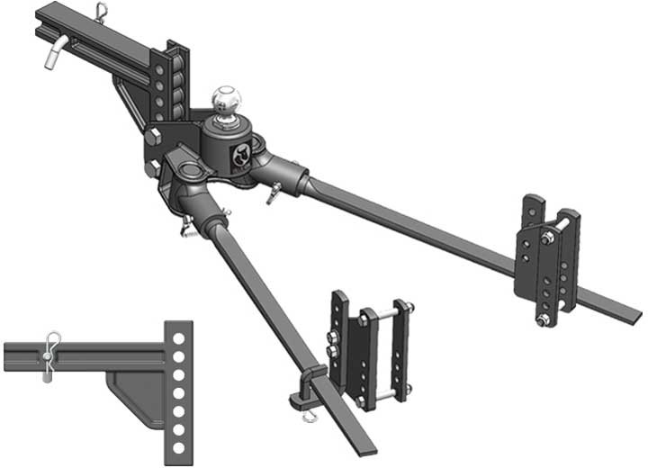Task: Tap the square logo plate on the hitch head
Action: click(241, 157)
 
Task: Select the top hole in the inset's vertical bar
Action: click(180, 337)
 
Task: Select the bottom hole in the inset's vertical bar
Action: click(180, 447)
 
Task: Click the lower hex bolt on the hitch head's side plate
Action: click(152, 166)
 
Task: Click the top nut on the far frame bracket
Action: click(548, 238)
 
